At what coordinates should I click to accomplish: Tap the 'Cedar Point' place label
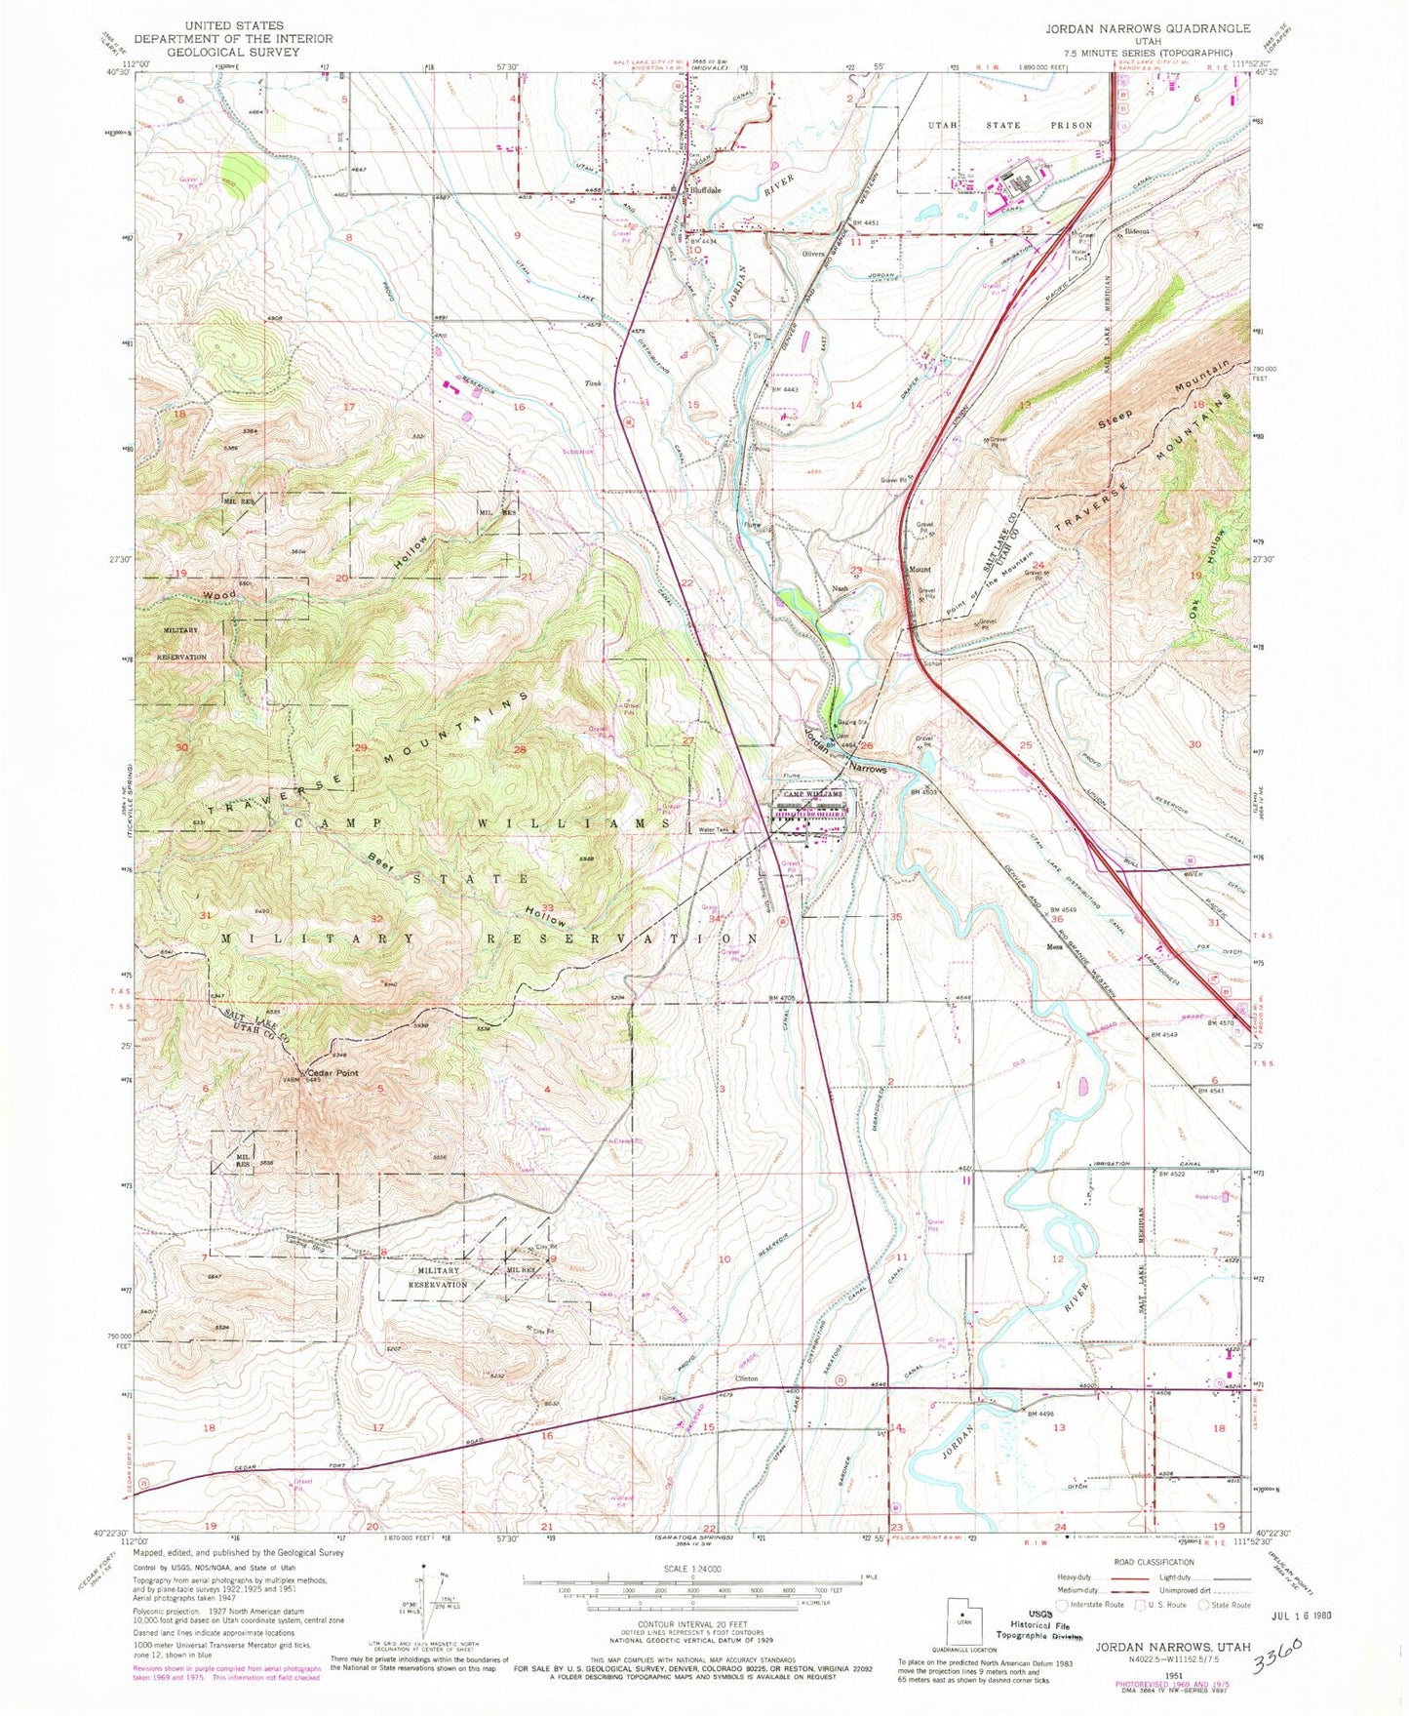pos(334,1072)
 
